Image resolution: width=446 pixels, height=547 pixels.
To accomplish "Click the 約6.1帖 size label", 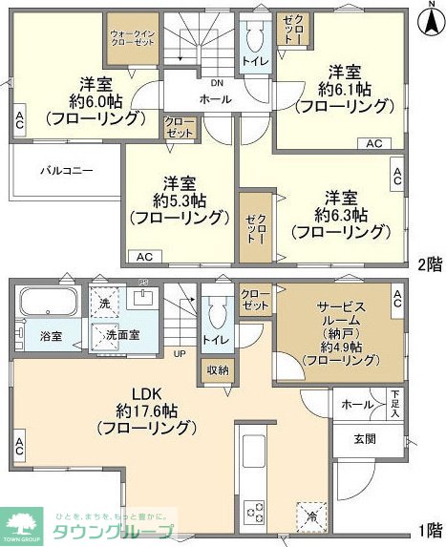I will (x=344, y=90).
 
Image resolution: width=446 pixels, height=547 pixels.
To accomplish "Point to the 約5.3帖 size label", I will (x=178, y=200).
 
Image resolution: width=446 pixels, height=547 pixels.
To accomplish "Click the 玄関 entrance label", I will (x=365, y=439).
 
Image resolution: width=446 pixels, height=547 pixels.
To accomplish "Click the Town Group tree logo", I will (x=25, y=523).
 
